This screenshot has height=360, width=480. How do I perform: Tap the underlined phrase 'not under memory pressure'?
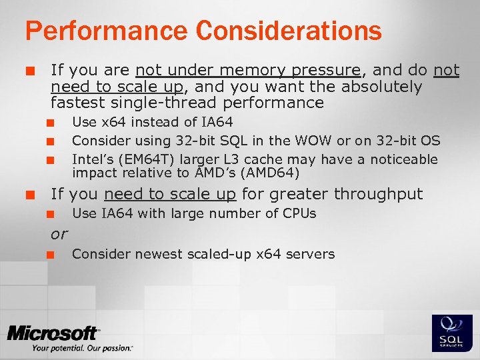[x=247, y=70]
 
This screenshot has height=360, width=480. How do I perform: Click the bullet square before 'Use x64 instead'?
[x=49, y=123]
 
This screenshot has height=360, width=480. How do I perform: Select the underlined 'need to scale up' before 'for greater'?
[x=170, y=194]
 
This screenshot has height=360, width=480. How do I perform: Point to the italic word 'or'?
[x=59, y=235]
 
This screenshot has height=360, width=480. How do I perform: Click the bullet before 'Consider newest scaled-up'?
[x=49, y=255]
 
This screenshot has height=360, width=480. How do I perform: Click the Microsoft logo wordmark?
[x=53, y=333]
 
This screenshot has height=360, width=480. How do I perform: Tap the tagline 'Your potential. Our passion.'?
[x=81, y=348]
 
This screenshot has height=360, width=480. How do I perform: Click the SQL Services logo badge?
[x=452, y=333]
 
